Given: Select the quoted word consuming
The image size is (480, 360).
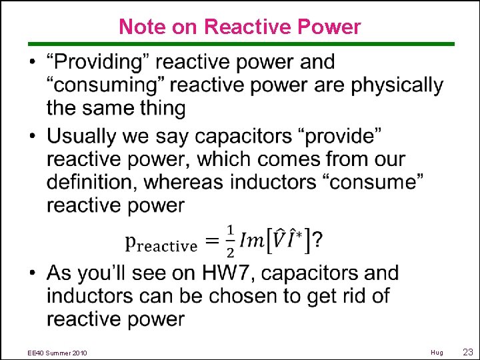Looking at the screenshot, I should (99, 85).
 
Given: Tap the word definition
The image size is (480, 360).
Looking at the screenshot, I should (92, 182).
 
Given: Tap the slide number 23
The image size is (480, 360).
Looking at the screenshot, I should (467, 352).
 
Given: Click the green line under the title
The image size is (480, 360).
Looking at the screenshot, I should (240, 44).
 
